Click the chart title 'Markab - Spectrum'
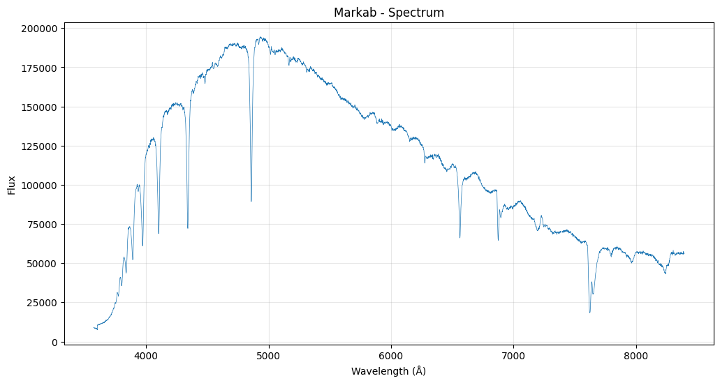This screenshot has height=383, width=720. point(389,13)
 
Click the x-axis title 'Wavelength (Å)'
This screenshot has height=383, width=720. point(388,371)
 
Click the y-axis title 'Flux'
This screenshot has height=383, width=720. point(12,185)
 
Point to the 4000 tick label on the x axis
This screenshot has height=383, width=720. point(146,356)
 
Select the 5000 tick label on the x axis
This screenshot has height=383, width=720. point(268,356)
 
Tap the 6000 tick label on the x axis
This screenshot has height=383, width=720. point(391,356)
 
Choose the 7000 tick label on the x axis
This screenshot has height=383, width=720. point(513,356)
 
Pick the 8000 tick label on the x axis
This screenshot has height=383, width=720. point(636,356)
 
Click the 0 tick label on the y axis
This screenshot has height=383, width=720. point(53,342)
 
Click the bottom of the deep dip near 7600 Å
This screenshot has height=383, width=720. point(589,313)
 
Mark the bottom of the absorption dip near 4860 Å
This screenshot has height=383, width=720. point(251,201)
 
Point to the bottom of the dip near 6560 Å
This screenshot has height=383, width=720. point(460,238)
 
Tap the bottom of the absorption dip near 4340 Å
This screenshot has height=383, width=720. point(188,228)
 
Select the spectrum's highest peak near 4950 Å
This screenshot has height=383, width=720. point(260,38)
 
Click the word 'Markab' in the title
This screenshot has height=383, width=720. point(353,13)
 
